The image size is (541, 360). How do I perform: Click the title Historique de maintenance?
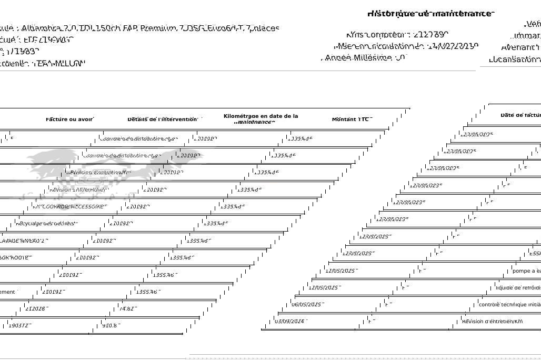[430, 14]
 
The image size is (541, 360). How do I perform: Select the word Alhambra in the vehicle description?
[40, 28]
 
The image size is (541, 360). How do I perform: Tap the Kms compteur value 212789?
[430, 35]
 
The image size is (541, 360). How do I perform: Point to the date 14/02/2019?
[452, 46]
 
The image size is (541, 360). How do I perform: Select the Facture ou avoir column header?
[69, 119]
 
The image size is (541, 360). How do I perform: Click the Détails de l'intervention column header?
[162, 119]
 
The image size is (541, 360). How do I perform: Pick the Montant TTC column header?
[352, 119]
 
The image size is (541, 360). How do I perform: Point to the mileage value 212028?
[36, 309]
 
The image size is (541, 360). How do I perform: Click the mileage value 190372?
[19, 326]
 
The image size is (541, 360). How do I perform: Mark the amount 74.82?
[128, 309]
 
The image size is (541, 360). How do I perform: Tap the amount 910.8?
[109, 326]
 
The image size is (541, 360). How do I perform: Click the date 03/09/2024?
[290, 321]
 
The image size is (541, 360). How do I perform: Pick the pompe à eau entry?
[526, 271]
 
